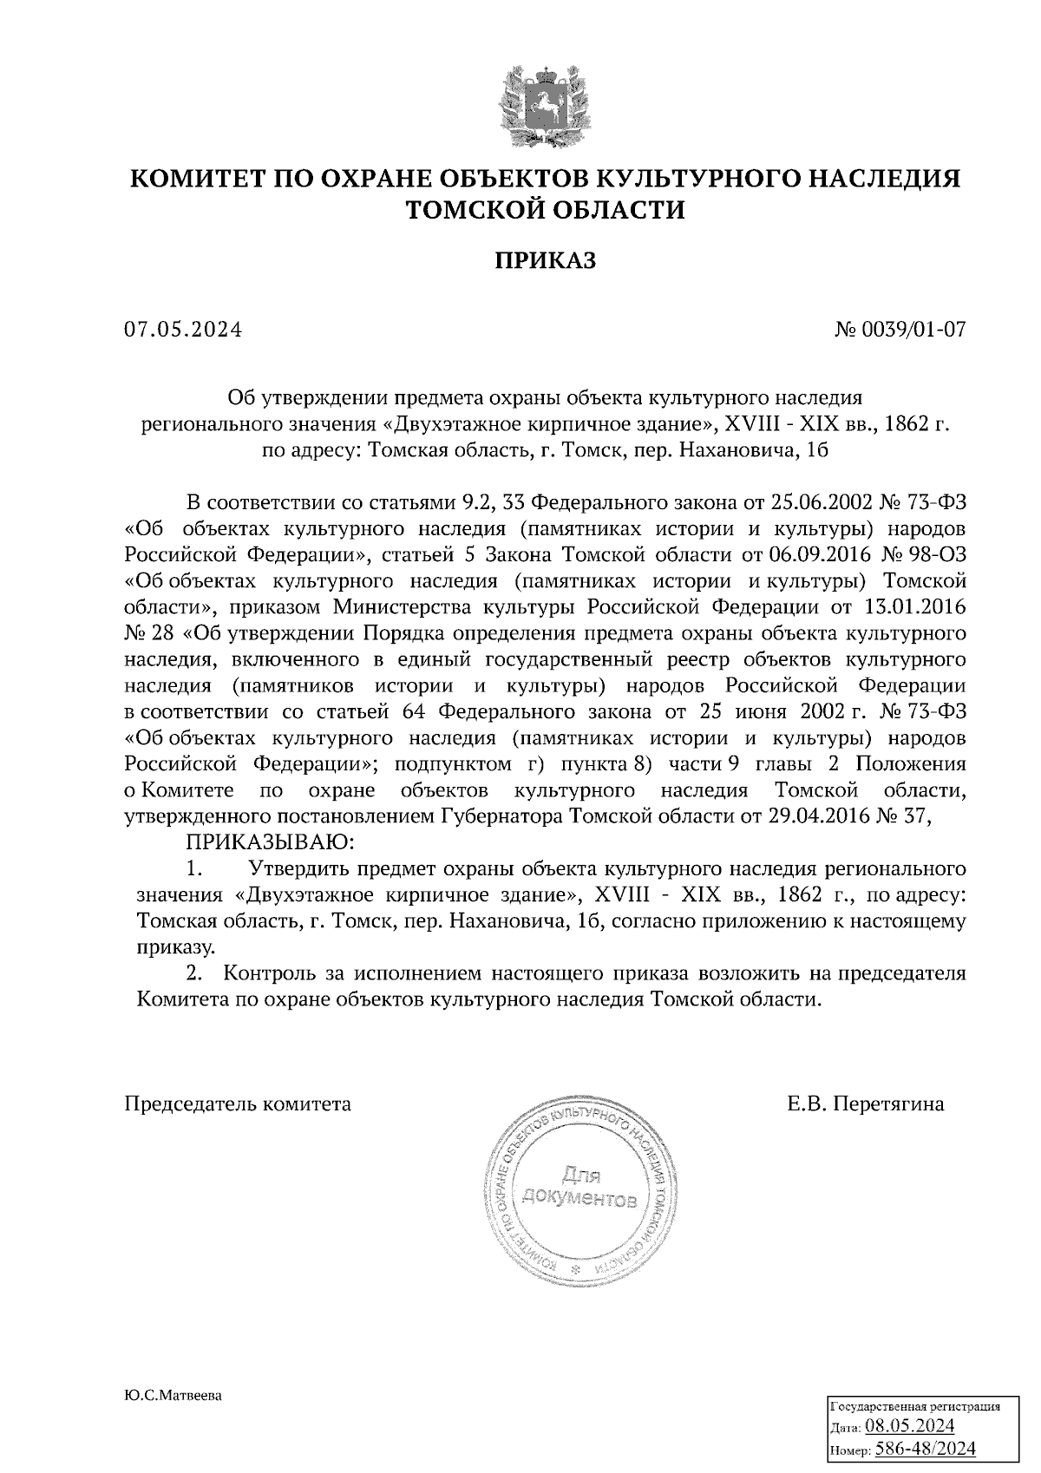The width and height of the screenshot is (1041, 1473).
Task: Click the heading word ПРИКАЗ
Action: click(546, 260)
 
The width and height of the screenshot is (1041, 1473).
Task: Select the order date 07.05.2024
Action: click(183, 330)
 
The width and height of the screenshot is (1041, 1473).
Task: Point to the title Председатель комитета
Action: click(239, 1104)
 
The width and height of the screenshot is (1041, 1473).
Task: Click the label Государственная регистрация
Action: click(916, 1406)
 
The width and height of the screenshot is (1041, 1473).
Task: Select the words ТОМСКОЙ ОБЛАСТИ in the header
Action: click(546, 211)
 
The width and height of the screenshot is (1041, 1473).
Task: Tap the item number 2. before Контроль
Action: click(202, 973)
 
